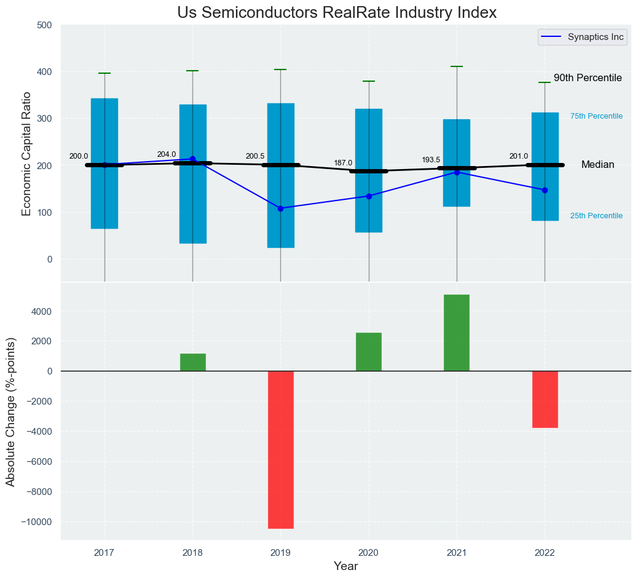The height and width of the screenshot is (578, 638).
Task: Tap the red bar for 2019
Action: [280, 449]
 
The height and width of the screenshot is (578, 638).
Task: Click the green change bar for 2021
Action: [457, 333]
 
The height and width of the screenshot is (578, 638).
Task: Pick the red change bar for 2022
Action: [545, 399]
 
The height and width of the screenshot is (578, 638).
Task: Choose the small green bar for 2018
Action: [192, 362]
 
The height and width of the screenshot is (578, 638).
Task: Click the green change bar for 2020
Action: [369, 352]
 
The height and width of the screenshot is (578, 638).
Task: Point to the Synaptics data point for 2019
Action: [281, 208]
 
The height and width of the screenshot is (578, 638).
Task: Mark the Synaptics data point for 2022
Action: [545, 190]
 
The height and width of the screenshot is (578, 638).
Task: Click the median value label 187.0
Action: [343, 163]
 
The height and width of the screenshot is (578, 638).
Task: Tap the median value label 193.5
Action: [431, 160]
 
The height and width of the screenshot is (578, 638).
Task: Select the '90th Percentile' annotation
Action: [588, 78]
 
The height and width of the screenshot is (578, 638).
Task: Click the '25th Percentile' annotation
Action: [596, 216]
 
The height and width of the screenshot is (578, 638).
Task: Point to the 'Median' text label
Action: [597, 165]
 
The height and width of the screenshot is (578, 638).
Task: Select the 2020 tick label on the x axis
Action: [369, 553]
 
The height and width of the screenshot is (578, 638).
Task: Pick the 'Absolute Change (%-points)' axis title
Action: [10, 411]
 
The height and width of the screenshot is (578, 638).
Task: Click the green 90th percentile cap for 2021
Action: [457, 66]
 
